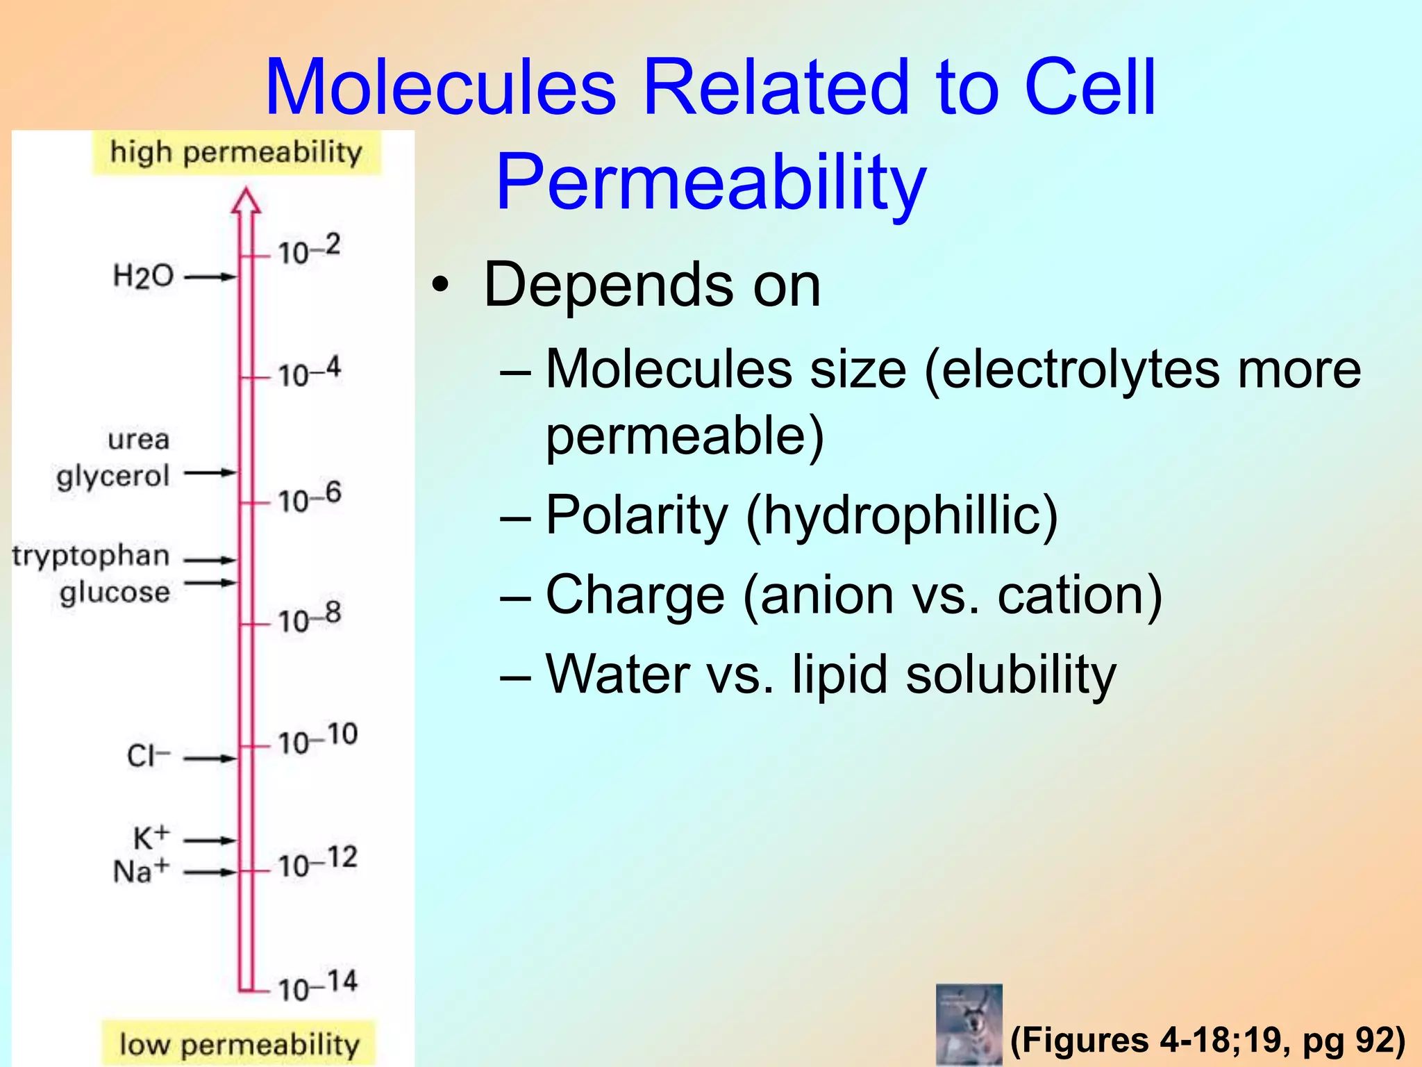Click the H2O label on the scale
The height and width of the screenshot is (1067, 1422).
pos(143,276)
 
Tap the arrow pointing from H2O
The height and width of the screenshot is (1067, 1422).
pos(210,277)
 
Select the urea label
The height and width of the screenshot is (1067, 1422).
pos(139,439)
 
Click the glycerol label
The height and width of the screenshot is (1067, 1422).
pos(113,477)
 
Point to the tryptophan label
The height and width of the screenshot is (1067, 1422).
pos(91,556)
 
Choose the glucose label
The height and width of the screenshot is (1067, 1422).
pos(115,593)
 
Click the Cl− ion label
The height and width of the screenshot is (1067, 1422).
pos(148,756)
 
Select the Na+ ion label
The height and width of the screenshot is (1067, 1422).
pos(141,871)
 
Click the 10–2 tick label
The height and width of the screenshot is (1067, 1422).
pos(309,249)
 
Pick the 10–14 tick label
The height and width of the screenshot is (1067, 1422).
pos(317,986)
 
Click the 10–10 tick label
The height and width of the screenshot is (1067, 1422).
pos(317,739)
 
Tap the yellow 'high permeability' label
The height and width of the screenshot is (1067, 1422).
pos(236,152)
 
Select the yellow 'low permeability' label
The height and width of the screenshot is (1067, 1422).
pos(239,1043)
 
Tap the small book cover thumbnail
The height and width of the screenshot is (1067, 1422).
pos(969,1024)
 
